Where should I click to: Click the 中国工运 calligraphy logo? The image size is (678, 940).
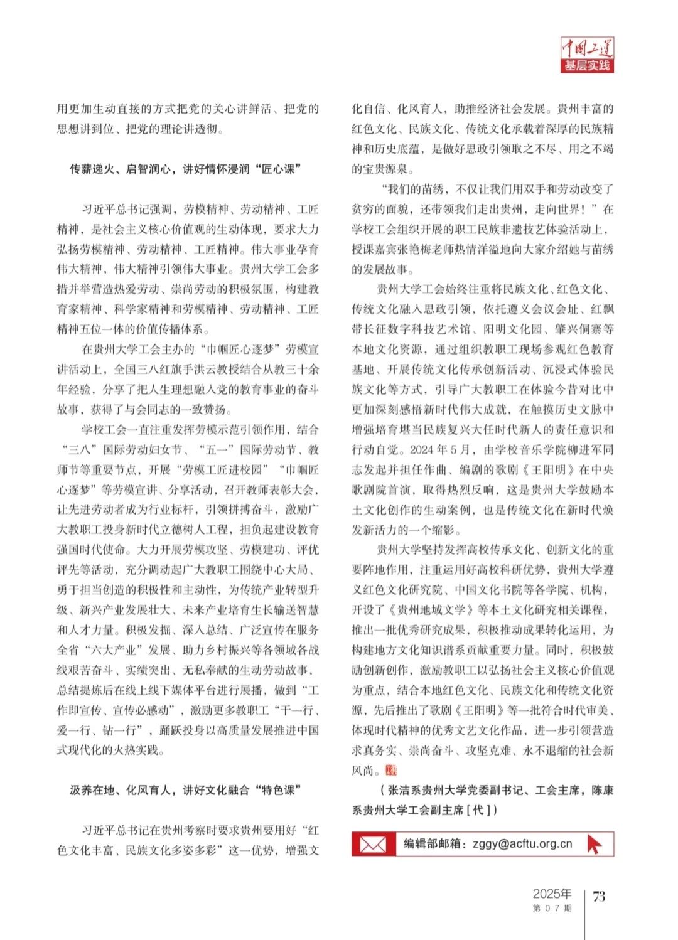coord(586,48)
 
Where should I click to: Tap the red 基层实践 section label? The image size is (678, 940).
coord(586,66)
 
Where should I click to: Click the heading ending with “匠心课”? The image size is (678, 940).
coord(186,169)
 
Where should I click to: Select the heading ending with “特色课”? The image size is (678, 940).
coord(186,790)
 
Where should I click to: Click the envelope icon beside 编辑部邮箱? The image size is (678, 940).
coord(373,845)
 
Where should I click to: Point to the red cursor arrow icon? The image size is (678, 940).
coord(593,845)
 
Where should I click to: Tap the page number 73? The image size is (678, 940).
coord(599,896)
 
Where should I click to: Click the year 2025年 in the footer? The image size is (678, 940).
coord(552,894)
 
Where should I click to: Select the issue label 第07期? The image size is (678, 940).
coord(552,908)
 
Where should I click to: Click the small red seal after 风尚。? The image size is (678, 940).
coord(390,770)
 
